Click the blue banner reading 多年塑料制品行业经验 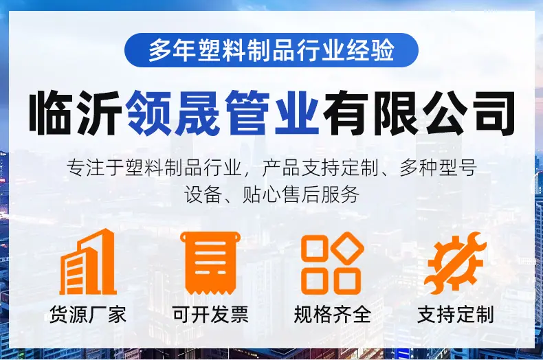[x=271, y=50]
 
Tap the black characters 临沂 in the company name [x=75, y=113]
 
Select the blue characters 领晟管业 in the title [x=223, y=113]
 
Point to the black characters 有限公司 [x=419, y=113]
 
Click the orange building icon [x=88, y=262]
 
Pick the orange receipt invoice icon [x=210, y=263]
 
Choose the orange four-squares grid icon [x=333, y=263]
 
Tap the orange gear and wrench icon [x=455, y=263]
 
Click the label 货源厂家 [x=87, y=315]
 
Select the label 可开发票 [x=210, y=315]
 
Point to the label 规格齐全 [x=333, y=315]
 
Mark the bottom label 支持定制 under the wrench [x=456, y=315]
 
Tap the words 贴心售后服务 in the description [x=301, y=195]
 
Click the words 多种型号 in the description [x=438, y=168]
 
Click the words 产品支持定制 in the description [x=320, y=168]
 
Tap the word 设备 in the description [x=203, y=195]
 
